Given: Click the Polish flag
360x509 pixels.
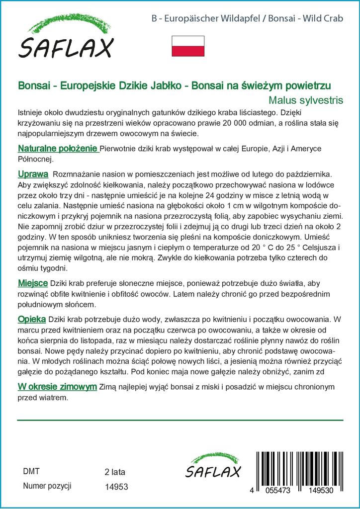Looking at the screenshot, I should pyautogui.click(x=188, y=46).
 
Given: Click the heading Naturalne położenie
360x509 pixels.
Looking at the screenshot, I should pyautogui.click(x=58, y=149).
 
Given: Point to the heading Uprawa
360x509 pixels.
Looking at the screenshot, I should pyautogui.click(x=33, y=174).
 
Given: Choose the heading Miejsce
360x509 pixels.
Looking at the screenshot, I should pyautogui.click(x=33, y=283).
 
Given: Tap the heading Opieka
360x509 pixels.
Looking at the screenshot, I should pyautogui.click(x=32, y=319).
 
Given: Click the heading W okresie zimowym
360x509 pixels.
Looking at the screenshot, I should pyautogui.click(x=57, y=387).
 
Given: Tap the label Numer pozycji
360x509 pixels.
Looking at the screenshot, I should pyautogui.click(x=48, y=486).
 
